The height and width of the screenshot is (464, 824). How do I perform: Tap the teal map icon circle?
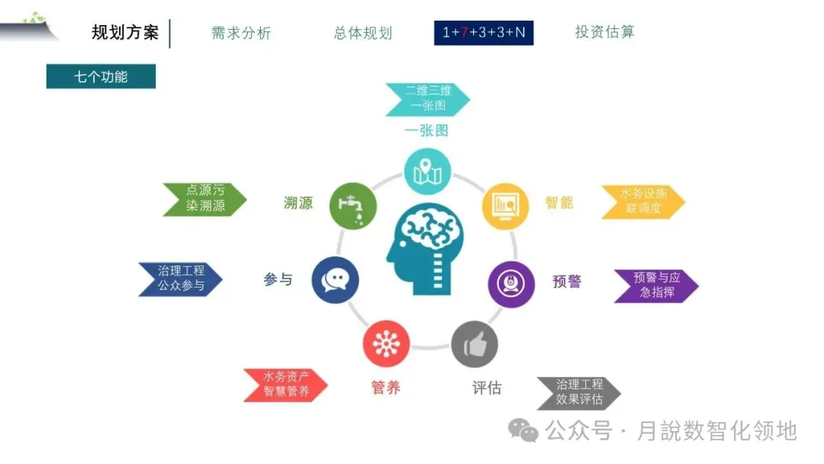pos(427,172)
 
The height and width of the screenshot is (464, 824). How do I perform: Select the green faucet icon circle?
pos(352,205)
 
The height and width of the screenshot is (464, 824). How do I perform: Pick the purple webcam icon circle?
pos(510,284)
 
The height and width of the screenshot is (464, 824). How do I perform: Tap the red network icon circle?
pos(386,344)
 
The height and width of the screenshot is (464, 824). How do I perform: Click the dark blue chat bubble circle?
pos(336,280)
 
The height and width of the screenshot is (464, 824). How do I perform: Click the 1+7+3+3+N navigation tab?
pos(484,33)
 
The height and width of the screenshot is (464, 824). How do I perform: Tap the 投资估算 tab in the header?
pos(604,32)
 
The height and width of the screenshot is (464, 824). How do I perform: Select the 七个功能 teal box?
pos(101,76)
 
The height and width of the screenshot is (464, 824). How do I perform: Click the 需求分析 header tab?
pos(241,33)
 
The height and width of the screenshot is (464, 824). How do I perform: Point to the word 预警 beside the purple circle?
pos(567,282)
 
